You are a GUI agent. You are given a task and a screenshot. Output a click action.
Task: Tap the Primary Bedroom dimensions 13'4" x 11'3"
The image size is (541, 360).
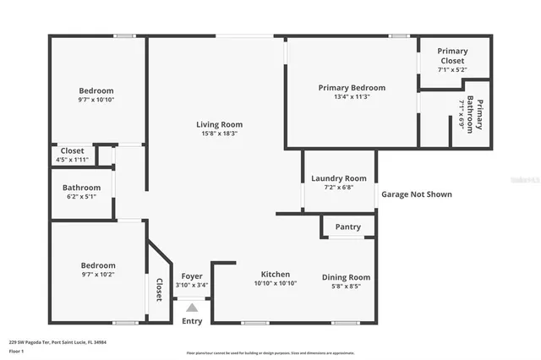[352, 97]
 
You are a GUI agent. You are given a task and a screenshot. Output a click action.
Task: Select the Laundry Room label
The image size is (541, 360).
[338, 178]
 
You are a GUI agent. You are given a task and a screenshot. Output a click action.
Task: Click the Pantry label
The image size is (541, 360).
[347, 226]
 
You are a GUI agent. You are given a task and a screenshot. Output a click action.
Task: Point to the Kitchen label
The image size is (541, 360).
[275, 275]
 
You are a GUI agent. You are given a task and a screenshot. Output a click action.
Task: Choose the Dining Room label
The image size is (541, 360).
[346, 277]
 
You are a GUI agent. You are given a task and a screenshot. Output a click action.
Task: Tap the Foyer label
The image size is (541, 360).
[191, 275]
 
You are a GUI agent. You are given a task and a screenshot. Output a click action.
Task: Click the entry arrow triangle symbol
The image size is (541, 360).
[192, 308]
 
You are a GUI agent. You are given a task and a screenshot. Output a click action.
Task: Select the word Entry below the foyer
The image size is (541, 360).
[192, 321]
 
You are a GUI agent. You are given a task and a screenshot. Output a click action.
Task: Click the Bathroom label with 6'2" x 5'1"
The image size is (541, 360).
[81, 188]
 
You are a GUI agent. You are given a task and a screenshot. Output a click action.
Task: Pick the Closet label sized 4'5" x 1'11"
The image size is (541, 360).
[71, 150]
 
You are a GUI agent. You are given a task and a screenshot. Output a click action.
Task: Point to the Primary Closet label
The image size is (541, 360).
[452, 56]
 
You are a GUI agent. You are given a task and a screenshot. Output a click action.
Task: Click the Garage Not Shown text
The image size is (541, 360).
[416, 194]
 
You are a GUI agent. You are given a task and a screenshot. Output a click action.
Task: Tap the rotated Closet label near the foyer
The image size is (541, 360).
[158, 290]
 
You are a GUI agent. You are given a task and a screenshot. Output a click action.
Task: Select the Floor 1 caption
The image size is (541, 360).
[15, 350]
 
